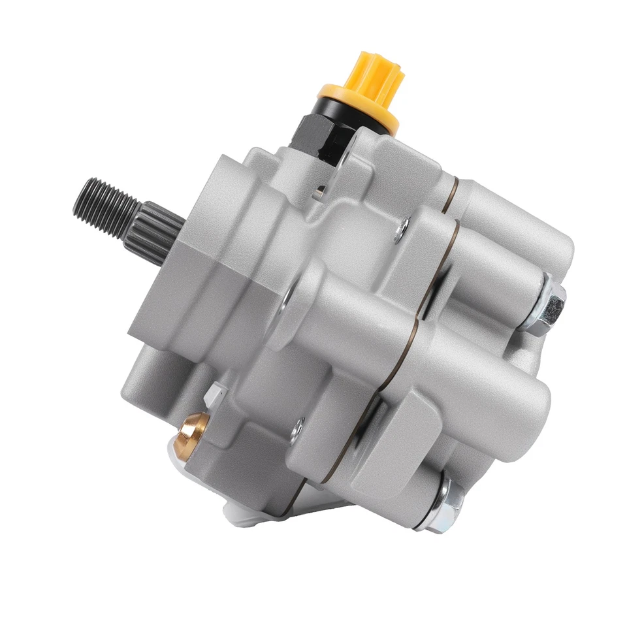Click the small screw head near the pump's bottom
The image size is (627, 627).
pos(298,428)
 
